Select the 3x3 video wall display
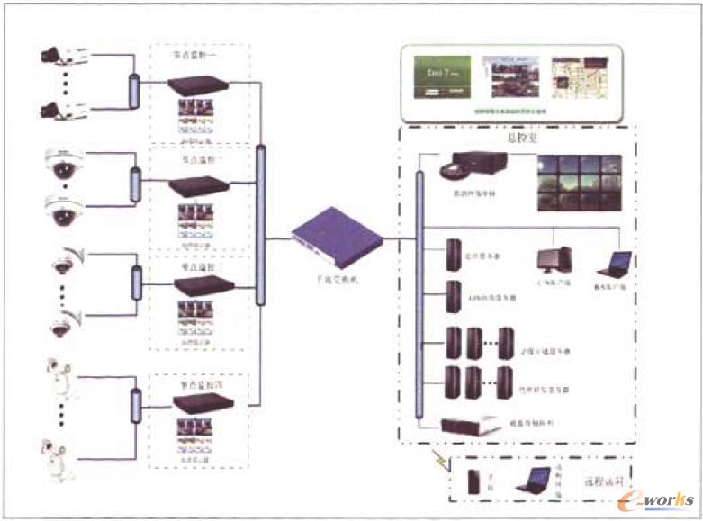tap(579, 183)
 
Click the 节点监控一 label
tap(194, 55)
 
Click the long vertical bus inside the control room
tap(419, 293)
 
